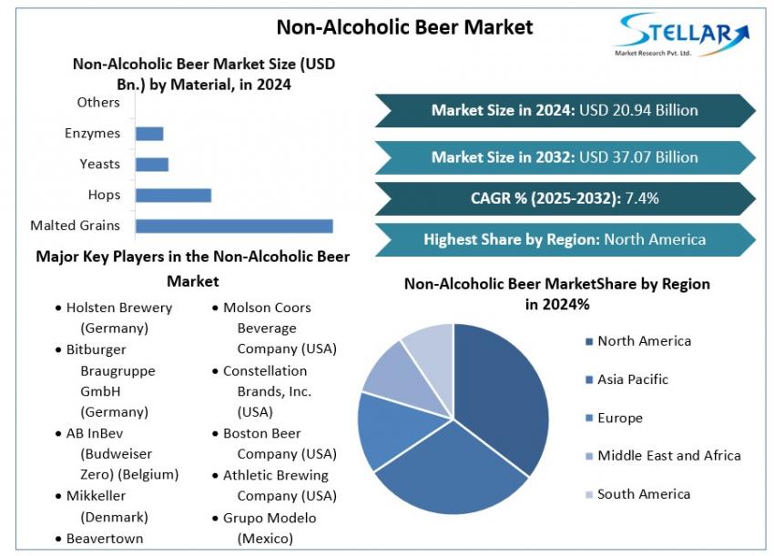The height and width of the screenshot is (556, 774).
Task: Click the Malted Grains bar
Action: (x=234, y=226)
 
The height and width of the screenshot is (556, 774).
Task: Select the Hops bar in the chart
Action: (x=173, y=195)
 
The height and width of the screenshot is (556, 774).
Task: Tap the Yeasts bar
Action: (x=152, y=164)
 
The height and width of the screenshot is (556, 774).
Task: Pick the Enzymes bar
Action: (x=149, y=134)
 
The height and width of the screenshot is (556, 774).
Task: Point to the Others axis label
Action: (x=98, y=103)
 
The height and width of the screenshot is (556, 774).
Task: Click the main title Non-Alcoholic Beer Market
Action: (x=404, y=26)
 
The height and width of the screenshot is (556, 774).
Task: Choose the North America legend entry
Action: (x=644, y=341)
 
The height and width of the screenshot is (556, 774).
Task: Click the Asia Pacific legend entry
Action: (x=632, y=379)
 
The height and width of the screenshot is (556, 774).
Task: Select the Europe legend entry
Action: (x=619, y=418)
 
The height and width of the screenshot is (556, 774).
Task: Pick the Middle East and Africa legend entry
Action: (x=668, y=455)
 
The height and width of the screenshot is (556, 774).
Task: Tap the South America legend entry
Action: (x=644, y=494)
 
